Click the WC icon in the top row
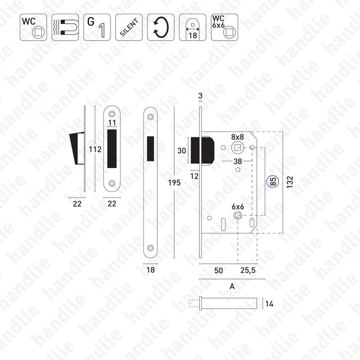(x=33, y=27)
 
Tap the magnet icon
(x=65, y=27)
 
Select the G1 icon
(x=97, y=27)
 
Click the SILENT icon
(x=128, y=27)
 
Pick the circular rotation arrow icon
(x=160, y=27)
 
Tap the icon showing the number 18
(x=192, y=27)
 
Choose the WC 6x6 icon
(x=224, y=27)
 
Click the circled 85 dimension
(x=273, y=182)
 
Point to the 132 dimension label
(x=290, y=182)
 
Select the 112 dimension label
(x=95, y=149)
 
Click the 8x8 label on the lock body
(x=237, y=137)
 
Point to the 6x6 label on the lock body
(x=237, y=206)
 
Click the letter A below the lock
(x=231, y=286)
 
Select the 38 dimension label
(x=238, y=162)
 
